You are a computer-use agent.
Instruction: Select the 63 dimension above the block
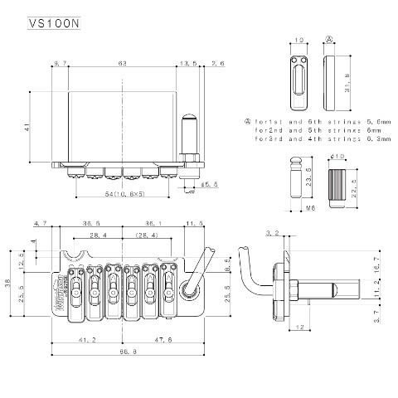click(123, 63)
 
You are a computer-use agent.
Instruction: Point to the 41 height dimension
click(27, 127)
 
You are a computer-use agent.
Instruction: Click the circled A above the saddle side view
click(328, 39)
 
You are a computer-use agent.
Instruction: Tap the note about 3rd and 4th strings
click(303, 140)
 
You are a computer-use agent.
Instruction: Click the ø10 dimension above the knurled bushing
click(337, 156)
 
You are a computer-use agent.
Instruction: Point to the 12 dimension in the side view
click(296, 327)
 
